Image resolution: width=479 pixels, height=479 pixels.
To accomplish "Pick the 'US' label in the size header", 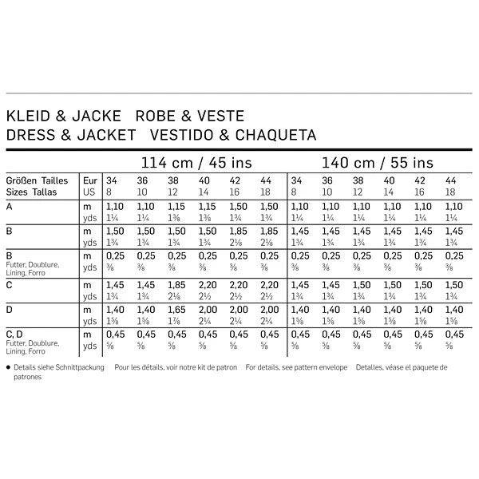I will pos(90,192).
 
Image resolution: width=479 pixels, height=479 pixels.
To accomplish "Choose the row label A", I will pos(9,206).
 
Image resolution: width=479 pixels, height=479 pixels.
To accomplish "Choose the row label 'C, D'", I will pos(14,334).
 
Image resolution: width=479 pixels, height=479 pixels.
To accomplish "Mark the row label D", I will pos(9,309).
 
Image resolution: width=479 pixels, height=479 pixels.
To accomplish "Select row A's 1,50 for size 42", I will pos(238,206).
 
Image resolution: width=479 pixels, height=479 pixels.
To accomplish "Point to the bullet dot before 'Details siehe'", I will pos(8,368).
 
